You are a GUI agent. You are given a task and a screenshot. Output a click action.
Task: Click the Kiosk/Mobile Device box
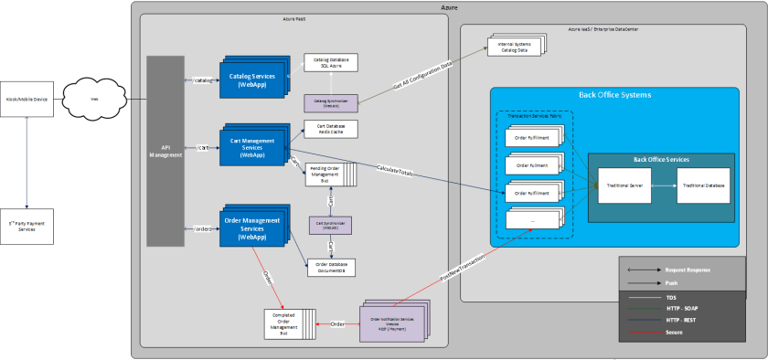28,99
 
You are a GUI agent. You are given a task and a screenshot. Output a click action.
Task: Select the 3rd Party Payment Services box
28,226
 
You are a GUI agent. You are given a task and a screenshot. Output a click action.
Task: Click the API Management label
165,151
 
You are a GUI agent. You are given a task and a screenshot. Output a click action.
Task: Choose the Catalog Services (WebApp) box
251,76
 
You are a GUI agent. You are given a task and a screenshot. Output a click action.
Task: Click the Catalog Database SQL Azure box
330,62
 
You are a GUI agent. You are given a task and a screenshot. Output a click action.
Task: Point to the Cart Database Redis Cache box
330,129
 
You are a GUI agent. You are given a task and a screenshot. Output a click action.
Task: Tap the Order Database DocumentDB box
330,268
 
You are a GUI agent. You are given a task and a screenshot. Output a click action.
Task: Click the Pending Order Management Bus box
326,174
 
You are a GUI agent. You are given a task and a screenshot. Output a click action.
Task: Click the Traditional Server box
624,185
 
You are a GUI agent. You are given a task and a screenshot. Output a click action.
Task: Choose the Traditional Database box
703,185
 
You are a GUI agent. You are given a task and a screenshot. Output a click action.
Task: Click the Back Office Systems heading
613,95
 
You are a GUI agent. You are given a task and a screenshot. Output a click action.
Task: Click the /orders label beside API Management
203,228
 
